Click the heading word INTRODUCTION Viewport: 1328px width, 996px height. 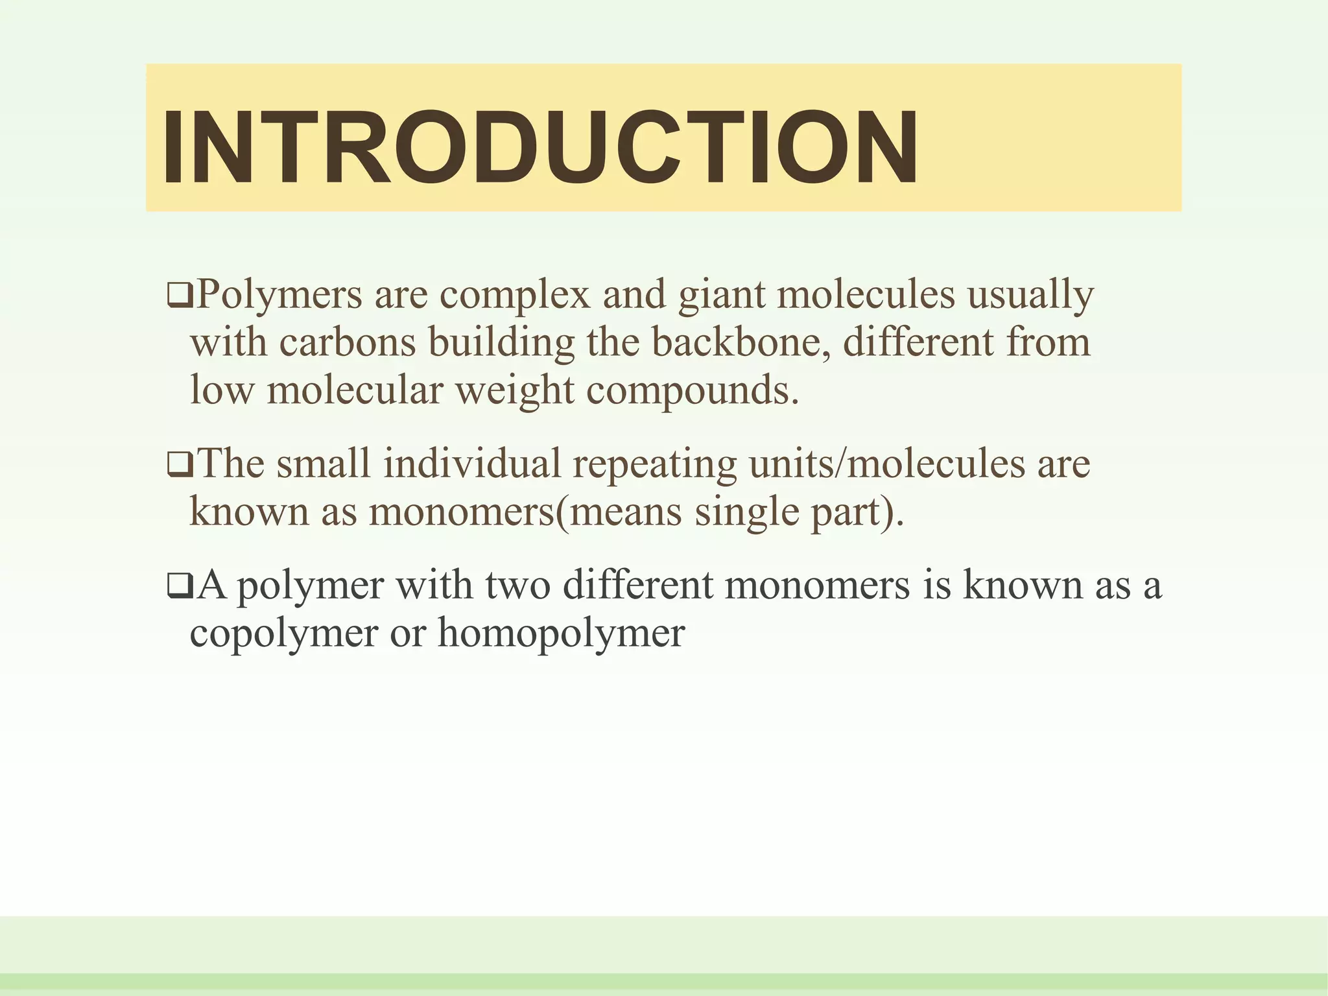[539, 147]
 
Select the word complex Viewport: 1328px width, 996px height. [515, 295]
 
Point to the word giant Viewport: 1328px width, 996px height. [721, 295]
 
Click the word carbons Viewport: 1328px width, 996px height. [348, 342]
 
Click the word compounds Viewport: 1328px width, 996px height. [693, 390]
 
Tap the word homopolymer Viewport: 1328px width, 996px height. [561, 632]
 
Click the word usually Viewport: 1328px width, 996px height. [1030, 295]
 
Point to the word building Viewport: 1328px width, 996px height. [501, 342]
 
